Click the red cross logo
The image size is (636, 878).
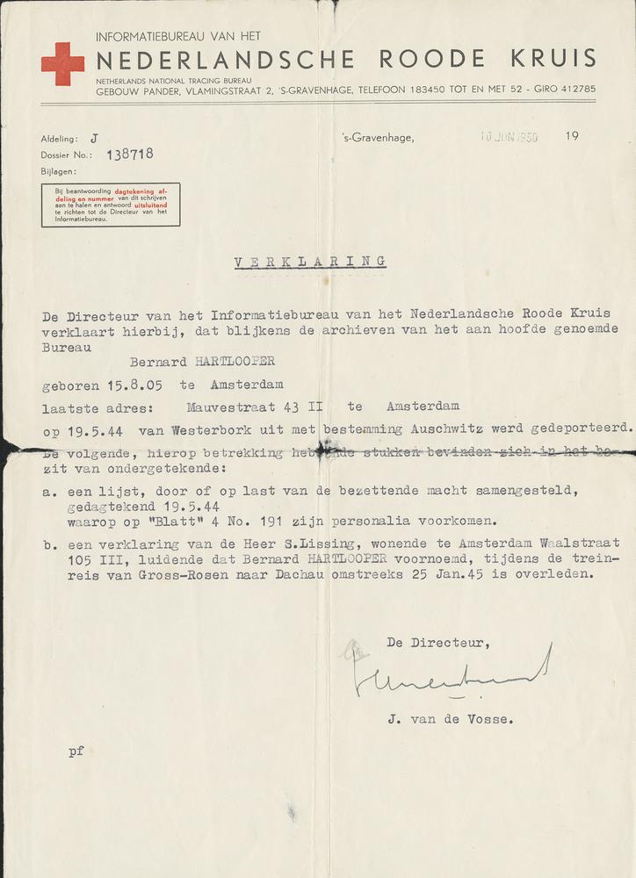click(62, 64)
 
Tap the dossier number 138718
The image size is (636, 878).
click(130, 154)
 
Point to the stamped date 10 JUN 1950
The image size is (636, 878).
click(509, 137)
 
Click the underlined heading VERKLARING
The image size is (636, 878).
click(310, 262)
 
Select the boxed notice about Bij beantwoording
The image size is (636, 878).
click(111, 204)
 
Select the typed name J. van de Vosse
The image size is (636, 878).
click(447, 719)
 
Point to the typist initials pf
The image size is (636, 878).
click(76, 752)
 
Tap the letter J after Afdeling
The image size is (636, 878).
click(94, 139)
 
